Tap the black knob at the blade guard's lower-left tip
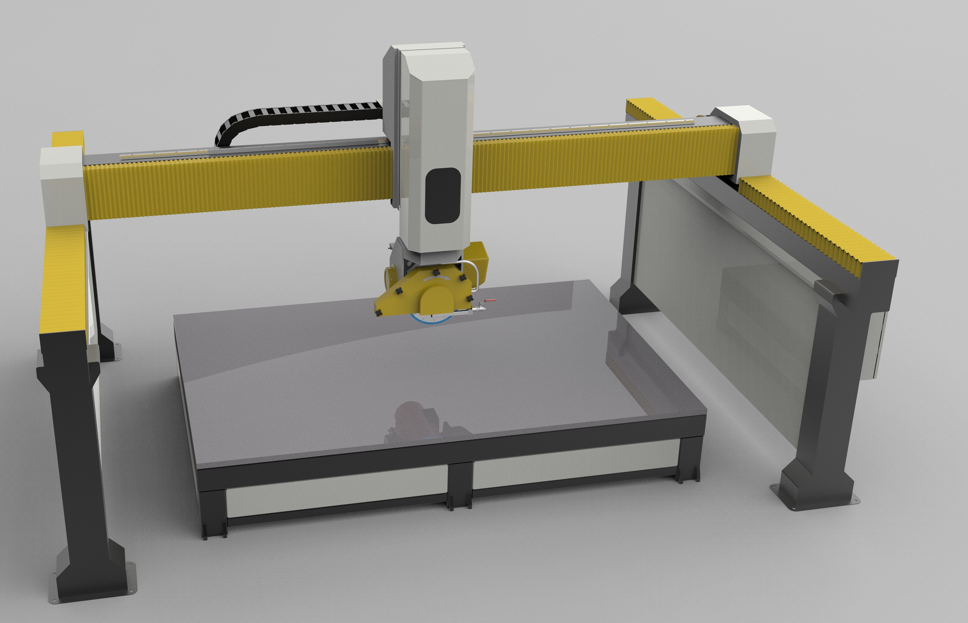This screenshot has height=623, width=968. click(x=379, y=313)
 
